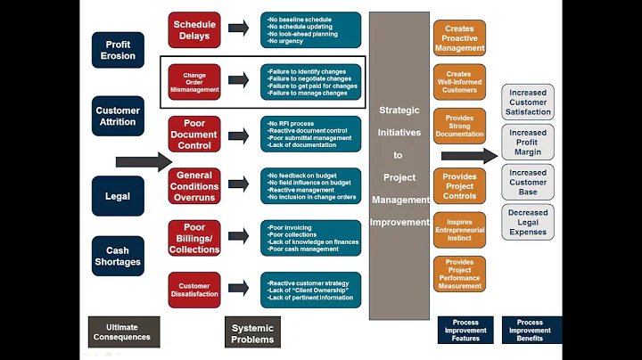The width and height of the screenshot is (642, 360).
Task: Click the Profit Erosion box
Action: pyautogui.click(x=118, y=50)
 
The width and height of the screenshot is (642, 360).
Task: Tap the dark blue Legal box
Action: pyautogui.click(x=118, y=196)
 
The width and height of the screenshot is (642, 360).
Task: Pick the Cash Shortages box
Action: pyautogui.click(x=118, y=257)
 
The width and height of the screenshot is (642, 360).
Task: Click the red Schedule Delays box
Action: pyautogui.click(x=194, y=30)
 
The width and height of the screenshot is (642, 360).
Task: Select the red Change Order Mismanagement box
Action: pyautogui.click(x=194, y=83)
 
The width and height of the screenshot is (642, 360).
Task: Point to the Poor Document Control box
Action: pyautogui.click(x=194, y=135)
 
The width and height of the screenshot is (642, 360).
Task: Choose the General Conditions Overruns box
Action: pyautogui.click(x=194, y=186)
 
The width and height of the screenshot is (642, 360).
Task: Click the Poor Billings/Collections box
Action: pyautogui.click(x=194, y=238)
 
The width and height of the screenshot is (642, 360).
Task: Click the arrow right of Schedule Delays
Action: pyautogui.click(x=238, y=29)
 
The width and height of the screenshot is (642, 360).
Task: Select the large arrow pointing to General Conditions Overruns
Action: pyautogui.click(x=143, y=161)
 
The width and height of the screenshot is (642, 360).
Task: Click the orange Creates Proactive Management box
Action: pyautogui.click(x=459, y=38)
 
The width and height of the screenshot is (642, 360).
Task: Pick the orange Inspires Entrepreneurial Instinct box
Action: pyautogui.click(x=459, y=229)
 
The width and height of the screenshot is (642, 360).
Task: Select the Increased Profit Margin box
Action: pyautogui.click(x=528, y=143)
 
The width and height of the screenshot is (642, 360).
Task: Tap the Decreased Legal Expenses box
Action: pyautogui.click(x=528, y=222)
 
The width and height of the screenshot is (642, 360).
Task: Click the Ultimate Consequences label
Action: pyautogui.click(x=125, y=331)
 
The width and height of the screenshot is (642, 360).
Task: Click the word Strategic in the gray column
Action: pyautogui.click(x=399, y=110)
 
